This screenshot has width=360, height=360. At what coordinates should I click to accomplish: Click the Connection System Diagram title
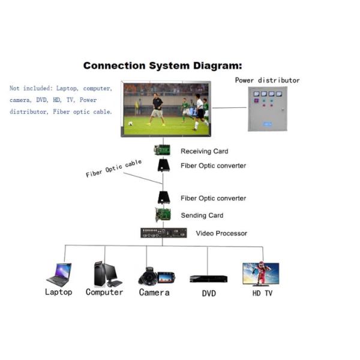tap(163, 66)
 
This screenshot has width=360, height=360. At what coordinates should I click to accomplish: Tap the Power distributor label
tap(267, 80)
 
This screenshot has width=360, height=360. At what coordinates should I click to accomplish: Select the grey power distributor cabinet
tap(268, 109)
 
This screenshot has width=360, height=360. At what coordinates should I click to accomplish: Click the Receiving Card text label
tap(204, 151)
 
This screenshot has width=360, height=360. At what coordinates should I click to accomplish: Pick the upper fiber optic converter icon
tap(163, 165)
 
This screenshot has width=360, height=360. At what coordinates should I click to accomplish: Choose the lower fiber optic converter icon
tap(162, 197)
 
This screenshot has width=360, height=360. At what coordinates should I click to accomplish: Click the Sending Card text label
tap(202, 215)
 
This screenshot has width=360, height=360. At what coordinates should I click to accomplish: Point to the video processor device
tap(163, 233)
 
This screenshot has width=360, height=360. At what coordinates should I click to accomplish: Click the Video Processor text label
tap(221, 233)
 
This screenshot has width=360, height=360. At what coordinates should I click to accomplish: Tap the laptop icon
tap(59, 274)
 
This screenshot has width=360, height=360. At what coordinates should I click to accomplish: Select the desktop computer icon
tap(106, 274)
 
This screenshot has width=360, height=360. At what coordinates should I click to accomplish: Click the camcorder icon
tap(156, 277)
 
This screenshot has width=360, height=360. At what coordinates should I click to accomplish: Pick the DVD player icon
tap(208, 278)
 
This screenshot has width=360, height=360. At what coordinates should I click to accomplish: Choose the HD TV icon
tap(260, 274)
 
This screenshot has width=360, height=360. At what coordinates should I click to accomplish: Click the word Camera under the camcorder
tap(154, 292)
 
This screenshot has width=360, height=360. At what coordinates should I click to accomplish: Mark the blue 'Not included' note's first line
tap(61, 89)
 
